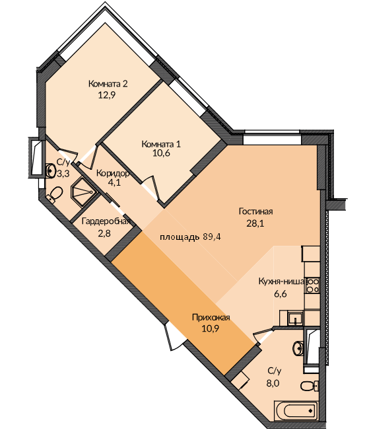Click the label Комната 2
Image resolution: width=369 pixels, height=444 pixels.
pos(108,84)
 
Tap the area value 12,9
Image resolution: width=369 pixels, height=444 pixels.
pos(107,95)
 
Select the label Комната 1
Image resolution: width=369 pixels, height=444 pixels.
pos(161,144)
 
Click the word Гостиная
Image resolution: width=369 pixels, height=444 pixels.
pos(256,211)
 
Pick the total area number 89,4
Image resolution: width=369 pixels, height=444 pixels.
pos(212,237)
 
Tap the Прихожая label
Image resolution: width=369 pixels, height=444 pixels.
pos(211,317)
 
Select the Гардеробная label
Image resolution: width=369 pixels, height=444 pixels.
pos(106,221)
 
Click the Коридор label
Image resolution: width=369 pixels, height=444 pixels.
pos(113,173)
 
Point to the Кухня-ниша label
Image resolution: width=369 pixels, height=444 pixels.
pos(281,281)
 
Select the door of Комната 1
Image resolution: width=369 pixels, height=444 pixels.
pos(151,188)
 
